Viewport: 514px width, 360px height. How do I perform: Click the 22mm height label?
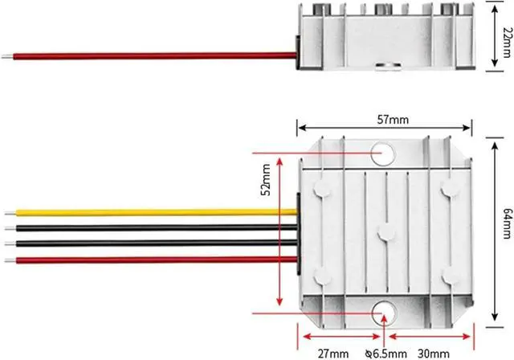[507, 43]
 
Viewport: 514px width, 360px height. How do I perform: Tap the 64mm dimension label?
[507, 223]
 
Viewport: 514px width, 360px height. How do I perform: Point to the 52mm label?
[266, 180]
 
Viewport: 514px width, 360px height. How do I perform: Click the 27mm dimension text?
[333, 354]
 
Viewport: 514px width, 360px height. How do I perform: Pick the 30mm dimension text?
[434, 354]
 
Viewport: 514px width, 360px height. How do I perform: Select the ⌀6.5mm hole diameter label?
[386, 354]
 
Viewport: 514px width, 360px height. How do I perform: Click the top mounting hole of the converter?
[383, 153]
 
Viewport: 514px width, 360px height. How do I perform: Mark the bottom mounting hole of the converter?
[384, 313]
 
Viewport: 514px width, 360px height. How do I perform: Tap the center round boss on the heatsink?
[387, 234]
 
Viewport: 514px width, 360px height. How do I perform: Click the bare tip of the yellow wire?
[10, 214]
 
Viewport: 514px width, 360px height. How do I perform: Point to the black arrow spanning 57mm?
[385, 128]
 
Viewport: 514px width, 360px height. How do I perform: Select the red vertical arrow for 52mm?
[279, 231]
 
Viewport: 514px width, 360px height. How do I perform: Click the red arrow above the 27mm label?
[341, 337]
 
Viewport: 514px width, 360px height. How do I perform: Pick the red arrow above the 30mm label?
[430, 337]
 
